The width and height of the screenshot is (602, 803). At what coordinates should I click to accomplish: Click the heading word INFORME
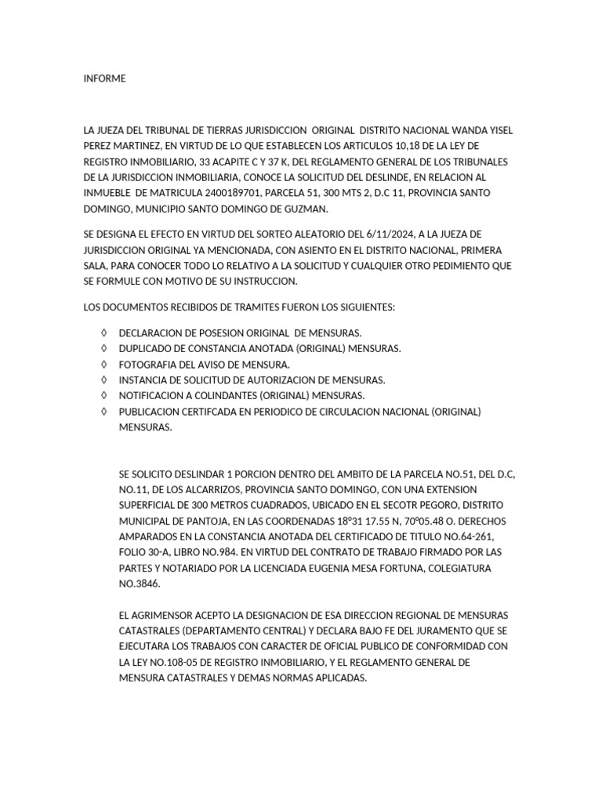tap(104, 78)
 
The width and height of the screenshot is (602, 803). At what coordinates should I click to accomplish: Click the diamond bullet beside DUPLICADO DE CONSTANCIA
tap(103, 349)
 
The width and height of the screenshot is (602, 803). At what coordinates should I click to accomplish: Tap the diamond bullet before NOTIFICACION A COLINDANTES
tap(103, 396)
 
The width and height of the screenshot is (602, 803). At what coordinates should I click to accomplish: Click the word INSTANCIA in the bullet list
tap(143, 380)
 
